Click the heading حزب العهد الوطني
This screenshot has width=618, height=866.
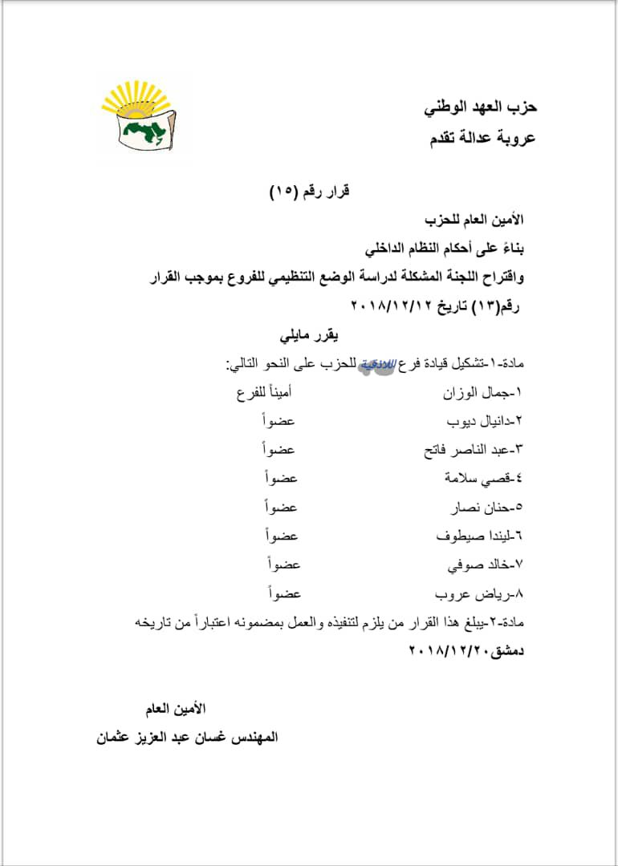[x=480, y=106]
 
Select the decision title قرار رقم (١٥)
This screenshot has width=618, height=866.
[x=309, y=192]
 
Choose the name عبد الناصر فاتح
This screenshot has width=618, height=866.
[x=473, y=450]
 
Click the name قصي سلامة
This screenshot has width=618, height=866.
[x=483, y=479]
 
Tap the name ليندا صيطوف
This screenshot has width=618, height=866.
[x=479, y=536]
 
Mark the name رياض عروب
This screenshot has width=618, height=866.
[x=479, y=594]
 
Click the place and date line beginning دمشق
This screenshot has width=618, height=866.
[x=466, y=651]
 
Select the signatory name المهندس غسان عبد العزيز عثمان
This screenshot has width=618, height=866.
[x=186, y=737]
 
